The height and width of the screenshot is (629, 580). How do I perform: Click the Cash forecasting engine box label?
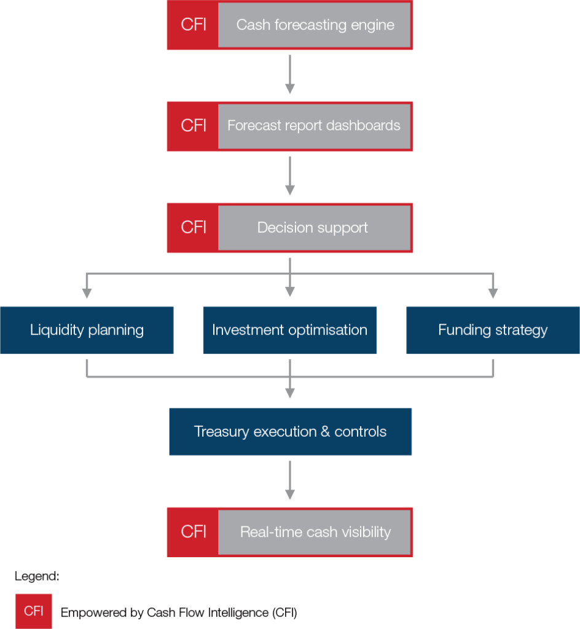pyautogui.click(x=315, y=25)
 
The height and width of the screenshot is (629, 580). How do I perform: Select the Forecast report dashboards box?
pyautogui.click(x=313, y=126)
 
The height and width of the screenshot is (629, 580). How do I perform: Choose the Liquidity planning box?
pyautogui.click(x=87, y=330)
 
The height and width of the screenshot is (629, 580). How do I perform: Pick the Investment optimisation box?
pyautogui.click(x=289, y=330)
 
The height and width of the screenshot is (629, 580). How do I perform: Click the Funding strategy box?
pyautogui.click(x=492, y=330)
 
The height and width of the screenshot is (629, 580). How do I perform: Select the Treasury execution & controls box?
pyautogui.click(x=290, y=432)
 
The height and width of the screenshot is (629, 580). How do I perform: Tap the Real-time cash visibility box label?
pyautogui.click(x=315, y=532)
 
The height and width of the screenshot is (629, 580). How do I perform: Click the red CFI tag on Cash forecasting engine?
pyautogui.click(x=193, y=25)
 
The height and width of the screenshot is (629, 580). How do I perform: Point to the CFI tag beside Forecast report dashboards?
pyautogui.click(x=193, y=126)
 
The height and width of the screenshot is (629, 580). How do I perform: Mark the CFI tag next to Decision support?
pyautogui.click(x=193, y=228)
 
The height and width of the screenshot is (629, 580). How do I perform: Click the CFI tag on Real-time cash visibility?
pyautogui.click(x=193, y=532)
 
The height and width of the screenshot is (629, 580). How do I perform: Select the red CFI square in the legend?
pyautogui.click(x=33, y=611)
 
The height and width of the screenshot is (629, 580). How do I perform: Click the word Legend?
pyautogui.click(x=37, y=577)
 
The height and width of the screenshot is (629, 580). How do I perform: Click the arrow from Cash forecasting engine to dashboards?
pyautogui.click(x=289, y=75)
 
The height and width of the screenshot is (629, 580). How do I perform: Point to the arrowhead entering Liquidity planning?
pyautogui.click(x=87, y=292)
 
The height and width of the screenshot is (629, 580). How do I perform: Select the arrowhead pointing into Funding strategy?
pyautogui.click(x=492, y=292)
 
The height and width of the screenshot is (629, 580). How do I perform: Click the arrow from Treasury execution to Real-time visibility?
pyautogui.click(x=289, y=481)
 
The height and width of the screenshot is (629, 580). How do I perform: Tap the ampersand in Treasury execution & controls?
pyautogui.click(x=326, y=432)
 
